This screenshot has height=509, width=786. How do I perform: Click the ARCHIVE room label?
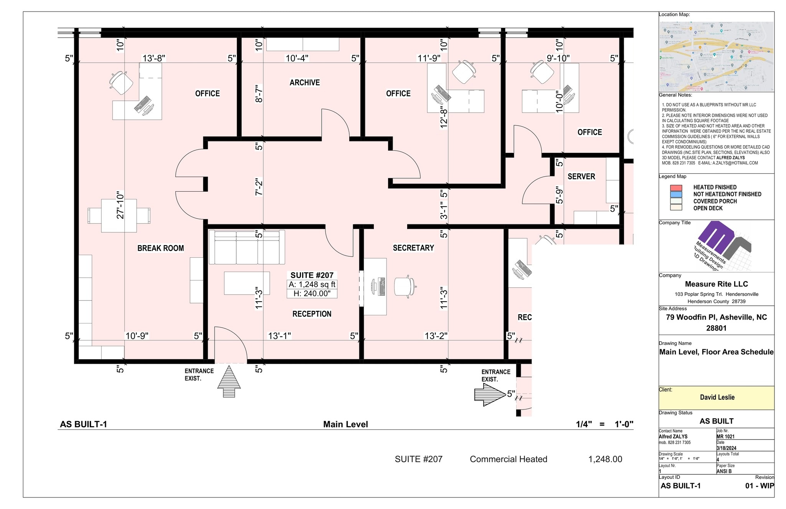(304, 83)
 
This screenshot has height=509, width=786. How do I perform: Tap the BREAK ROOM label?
(160, 248)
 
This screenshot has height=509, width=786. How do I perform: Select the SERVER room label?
(581, 176)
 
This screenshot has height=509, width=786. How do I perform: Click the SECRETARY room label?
(413, 248)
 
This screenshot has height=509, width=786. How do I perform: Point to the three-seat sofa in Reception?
(247, 247)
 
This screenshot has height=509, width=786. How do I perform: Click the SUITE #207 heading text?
(312, 275)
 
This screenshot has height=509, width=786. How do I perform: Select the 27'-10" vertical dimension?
(121, 205)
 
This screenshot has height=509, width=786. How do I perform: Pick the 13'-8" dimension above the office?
(154, 58)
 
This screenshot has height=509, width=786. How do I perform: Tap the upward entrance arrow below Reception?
(229, 381)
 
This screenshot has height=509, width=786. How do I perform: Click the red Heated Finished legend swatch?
(676, 188)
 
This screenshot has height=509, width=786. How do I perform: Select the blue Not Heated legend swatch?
(676, 194)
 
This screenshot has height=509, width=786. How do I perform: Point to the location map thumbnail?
(716, 56)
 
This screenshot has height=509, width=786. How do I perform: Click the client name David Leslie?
(717, 397)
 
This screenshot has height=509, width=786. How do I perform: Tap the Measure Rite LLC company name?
(716, 284)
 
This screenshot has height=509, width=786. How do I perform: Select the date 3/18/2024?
(726, 448)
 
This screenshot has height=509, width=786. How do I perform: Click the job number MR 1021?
(725, 436)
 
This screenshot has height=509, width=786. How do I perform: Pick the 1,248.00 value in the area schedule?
(605, 459)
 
